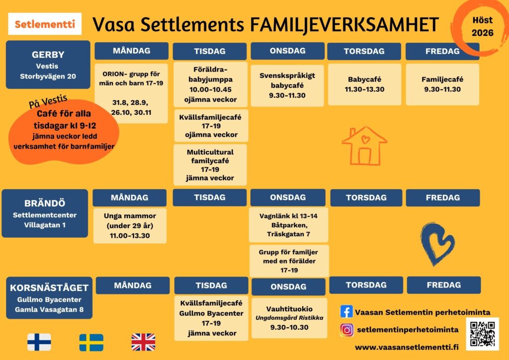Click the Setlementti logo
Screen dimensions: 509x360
(x=45, y=24)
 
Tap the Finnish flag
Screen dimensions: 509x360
(x=39, y=342)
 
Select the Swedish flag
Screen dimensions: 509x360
(x=91, y=343)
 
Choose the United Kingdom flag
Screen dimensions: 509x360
(x=143, y=342)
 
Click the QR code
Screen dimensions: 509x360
(x=482, y=334)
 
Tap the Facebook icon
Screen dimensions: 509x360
(x=346, y=312)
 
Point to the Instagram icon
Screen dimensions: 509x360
(x=346, y=330)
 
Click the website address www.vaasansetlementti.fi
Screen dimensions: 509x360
(x=407, y=348)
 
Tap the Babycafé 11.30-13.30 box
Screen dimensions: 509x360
(x=364, y=85)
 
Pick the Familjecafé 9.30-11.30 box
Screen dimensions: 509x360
(x=442, y=85)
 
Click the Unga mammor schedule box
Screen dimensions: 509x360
(x=130, y=226)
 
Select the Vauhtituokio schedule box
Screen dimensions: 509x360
(x=289, y=318)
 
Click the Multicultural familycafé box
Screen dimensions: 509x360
(x=210, y=165)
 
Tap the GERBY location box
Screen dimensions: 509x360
(x=48, y=65)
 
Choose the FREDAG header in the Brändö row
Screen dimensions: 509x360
(x=443, y=198)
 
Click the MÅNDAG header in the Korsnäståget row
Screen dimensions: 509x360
(x=133, y=285)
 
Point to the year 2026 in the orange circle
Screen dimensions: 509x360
(x=482, y=33)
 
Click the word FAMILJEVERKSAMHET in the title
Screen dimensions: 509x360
(x=345, y=24)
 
